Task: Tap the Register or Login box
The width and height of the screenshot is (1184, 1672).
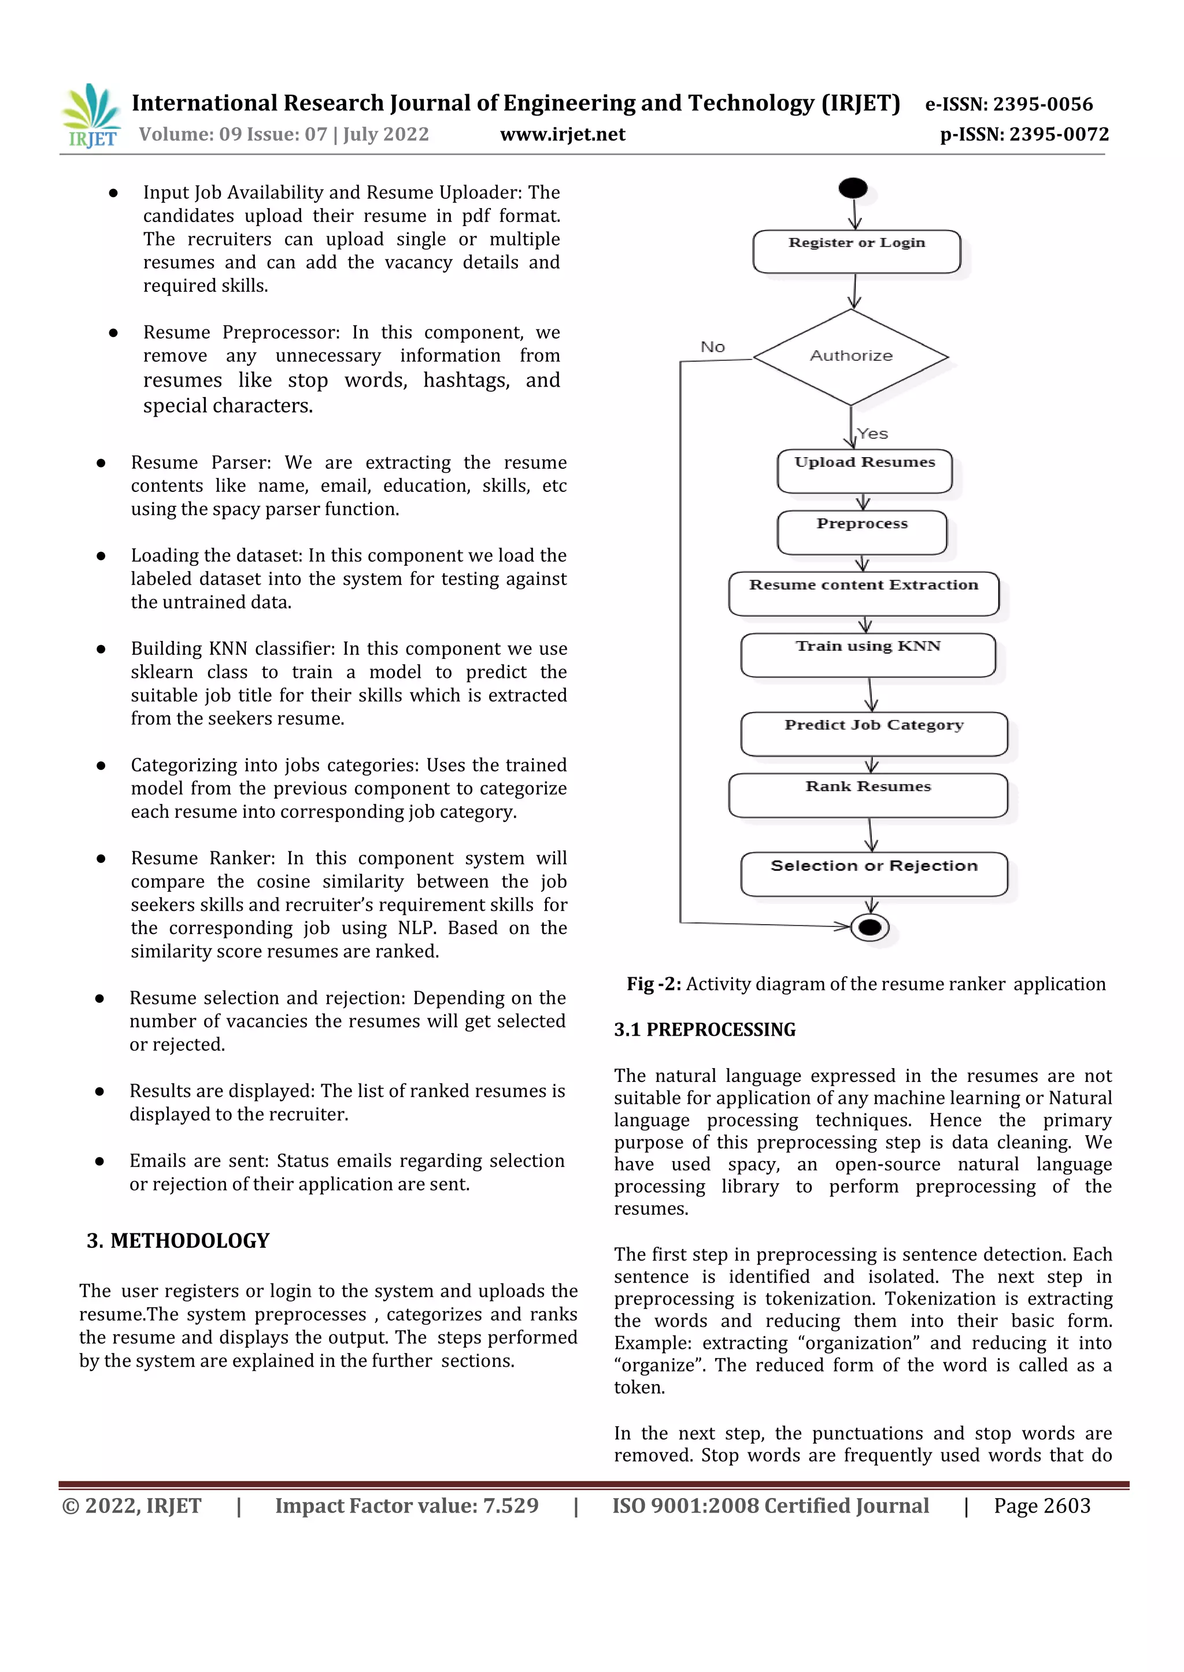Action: click(x=856, y=251)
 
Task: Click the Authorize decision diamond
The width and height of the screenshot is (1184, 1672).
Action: click(x=851, y=357)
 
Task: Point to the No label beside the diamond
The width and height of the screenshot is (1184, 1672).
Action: click(x=712, y=347)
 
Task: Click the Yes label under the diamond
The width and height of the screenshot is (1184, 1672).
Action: click(x=873, y=433)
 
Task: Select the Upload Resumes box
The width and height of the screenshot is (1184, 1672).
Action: click(x=865, y=471)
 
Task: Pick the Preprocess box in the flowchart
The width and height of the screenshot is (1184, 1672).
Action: click(x=862, y=532)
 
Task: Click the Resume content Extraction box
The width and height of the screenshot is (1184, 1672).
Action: click(x=863, y=594)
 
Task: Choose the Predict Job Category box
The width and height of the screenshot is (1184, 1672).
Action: click(x=874, y=733)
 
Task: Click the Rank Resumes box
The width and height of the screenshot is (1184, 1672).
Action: click(x=868, y=795)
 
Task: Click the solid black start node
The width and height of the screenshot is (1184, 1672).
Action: click(x=853, y=188)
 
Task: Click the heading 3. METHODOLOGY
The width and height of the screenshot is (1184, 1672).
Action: click(x=178, y=1240)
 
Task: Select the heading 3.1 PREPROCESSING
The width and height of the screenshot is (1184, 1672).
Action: click(x=704, y=1029)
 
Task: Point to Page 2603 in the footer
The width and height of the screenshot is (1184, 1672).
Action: click(x=1042, y=1506)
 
